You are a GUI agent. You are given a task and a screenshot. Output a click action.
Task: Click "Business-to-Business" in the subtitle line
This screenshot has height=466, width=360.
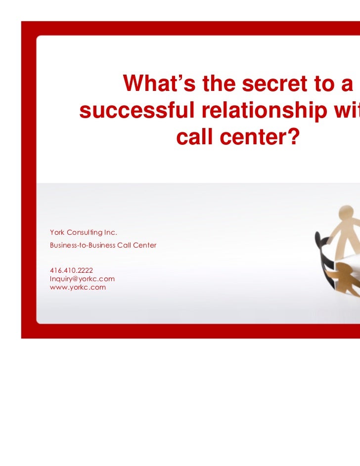click(x=83, y=245)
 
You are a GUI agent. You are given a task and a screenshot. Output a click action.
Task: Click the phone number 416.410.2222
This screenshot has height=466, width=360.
click(x=71, y=270)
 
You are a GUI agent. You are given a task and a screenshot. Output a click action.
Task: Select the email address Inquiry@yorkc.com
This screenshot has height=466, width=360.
click(x=82, y=278)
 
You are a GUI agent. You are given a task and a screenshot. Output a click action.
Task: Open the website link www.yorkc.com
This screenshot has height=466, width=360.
click(x=78, y=287)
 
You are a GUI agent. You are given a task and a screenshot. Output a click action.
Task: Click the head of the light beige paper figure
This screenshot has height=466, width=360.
click(x=350, y=214)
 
